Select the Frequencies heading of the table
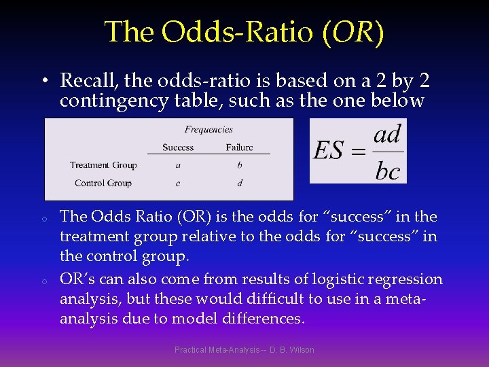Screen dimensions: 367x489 point(209,129)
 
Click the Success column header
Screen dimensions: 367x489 point(178,147)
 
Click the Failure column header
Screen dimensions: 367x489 point(239,147)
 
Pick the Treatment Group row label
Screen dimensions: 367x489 point(103,165)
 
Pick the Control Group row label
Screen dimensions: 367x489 point(103,183)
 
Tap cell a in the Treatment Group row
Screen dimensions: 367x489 point(178,165)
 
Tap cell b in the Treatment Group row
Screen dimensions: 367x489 point(240,165)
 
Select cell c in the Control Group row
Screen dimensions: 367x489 point(178,183)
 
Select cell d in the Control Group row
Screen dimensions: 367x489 point(240,183)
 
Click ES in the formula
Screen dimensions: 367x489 point(328,151)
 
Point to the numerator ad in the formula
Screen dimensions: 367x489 point(387,135)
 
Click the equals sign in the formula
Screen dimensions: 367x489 point(357,152)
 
